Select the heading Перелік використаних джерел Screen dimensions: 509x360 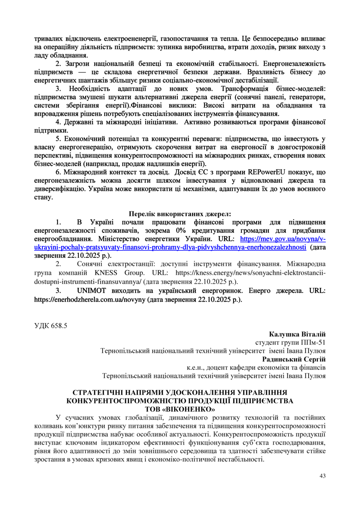[x=180, y=214]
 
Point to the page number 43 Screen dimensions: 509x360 [x=322, y=476]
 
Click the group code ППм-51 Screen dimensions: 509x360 [x=313, y=343]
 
